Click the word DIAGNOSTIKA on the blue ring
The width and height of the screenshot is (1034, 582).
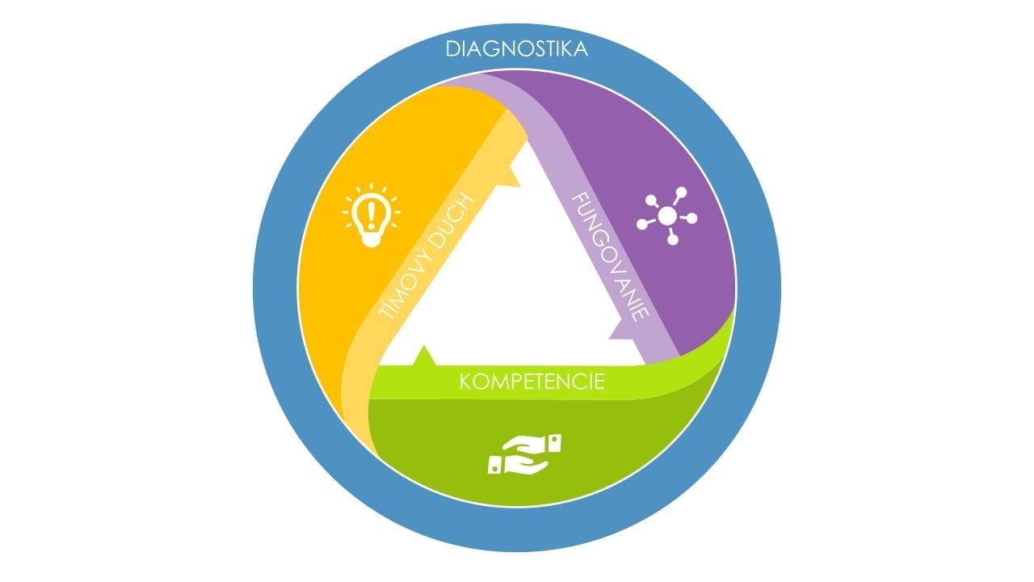[x=516, y=49]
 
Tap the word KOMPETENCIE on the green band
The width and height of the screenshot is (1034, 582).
[x=532, y=382]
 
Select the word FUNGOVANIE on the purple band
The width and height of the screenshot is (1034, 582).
[x=610, y=257]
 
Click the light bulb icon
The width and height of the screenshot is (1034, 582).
[x=371, y=215]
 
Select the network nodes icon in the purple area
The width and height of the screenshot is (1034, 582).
[x=666, y=216]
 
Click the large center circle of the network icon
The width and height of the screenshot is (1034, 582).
[x=667, y=216]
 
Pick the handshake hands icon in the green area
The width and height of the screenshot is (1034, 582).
[x=525, y=454]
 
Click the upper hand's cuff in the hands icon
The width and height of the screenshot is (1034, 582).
[x=554, y=443]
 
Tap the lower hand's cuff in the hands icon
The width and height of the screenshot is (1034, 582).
[x=495, y=465]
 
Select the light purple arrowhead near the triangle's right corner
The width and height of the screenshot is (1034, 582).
[x=622, y=331]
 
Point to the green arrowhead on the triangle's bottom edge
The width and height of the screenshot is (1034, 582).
[x=424, y=356]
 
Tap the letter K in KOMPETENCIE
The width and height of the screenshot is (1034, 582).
[x=464, y=382]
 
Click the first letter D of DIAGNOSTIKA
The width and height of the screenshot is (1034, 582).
[x=452, y=49]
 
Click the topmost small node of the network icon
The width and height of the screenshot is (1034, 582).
[x=681, y=192]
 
